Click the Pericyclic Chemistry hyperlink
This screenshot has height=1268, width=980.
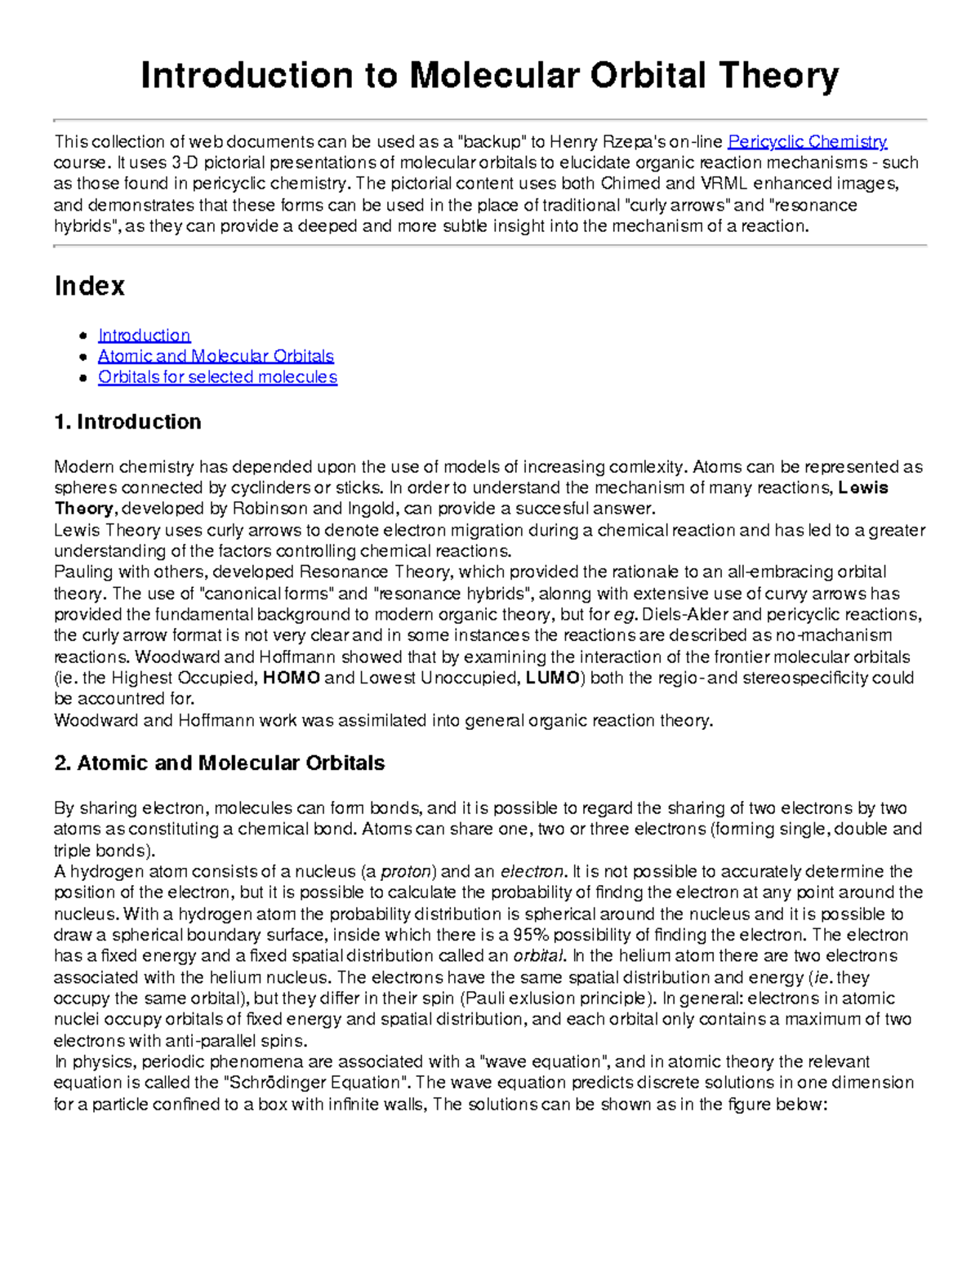[807, 141]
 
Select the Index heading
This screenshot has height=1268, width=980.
[89, 286]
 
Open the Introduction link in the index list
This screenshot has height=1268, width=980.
[144, 335]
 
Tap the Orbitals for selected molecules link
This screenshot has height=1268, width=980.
[217, 376]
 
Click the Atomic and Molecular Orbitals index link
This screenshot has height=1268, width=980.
[216, 356]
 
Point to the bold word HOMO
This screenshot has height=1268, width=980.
[292, 678]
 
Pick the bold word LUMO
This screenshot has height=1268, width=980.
[552, 678]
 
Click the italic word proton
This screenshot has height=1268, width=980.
[406, 871]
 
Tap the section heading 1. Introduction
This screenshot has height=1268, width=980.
[127, 422]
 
